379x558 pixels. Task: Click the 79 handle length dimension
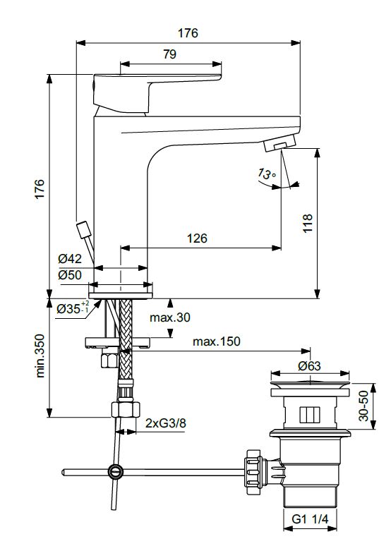[x=170, y=54]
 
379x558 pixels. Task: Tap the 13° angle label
[x=267, y=174]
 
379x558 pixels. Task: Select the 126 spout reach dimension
[x=197, y=238]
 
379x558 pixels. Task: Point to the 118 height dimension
[x=308, y=223]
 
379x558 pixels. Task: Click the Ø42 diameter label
[x=70, y=259]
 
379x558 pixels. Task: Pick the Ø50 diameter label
[x=70, y=274]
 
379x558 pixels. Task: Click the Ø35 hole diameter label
[x=72, y=308]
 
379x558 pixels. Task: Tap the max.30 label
[x=170, y=317]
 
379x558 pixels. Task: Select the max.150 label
[x=217, y=341]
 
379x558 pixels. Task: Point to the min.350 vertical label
[x=40, y=356]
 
